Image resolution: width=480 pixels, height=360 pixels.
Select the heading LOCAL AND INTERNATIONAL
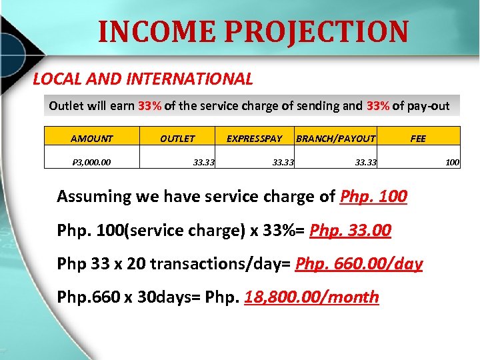coord(143,79)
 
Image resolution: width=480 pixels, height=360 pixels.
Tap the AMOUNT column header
coord(92,139)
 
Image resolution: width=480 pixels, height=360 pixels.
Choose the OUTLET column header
coord(177,139)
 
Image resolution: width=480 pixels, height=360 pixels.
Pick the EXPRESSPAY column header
coord(254,139)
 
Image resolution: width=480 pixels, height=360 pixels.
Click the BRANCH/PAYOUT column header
coord(335,139)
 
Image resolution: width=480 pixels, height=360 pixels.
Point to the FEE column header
coord(418,139)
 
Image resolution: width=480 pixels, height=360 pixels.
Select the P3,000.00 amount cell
coord(92,161)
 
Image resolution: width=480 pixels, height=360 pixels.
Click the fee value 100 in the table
coord(453,161)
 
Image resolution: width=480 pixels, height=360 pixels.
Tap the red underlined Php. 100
coord(373,197)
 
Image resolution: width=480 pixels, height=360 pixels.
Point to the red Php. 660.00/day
coord(359,264)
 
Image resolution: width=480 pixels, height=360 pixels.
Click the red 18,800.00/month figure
coord(311,297)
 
